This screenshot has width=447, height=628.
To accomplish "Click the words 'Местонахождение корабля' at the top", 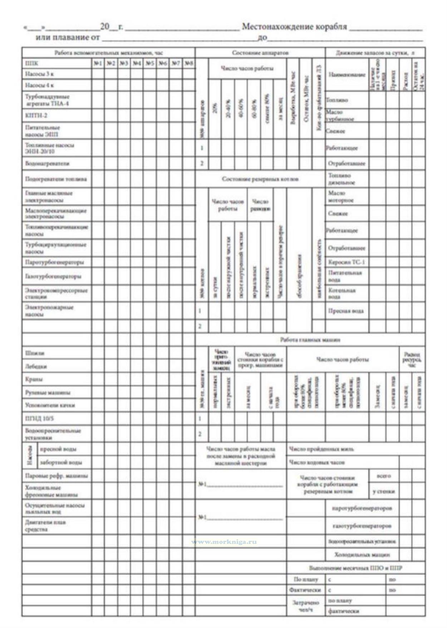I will click(x=294, y=27).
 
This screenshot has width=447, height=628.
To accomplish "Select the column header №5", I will click(x=150, y=63).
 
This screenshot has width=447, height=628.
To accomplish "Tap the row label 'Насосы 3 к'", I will click(x=39, y=74).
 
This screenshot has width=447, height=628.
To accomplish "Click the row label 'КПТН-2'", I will click(x=36, y=116).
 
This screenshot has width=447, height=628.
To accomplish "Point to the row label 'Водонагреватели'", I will click(x=47, y=163).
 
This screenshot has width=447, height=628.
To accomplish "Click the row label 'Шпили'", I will click(x=35, y=353).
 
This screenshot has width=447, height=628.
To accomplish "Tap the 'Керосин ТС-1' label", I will click(x=346, y=262).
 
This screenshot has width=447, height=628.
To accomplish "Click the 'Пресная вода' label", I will click(x=346, y=311).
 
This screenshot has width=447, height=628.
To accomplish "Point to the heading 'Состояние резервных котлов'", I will click(x=260, y=179).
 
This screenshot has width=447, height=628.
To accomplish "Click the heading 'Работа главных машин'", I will click(x=310, y=339).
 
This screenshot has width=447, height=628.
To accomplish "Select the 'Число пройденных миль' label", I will click(x=321, y=449).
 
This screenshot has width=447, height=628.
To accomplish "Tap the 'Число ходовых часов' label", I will click(x=317, y=462).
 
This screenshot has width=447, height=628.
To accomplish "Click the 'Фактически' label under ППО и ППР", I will click(x=305, y=590).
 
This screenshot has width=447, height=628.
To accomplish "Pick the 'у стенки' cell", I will click(x=384, y=491).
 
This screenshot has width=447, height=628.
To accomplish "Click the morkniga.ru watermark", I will click(x=224, y=541).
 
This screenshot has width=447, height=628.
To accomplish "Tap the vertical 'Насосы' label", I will click(x=30, y=455).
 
